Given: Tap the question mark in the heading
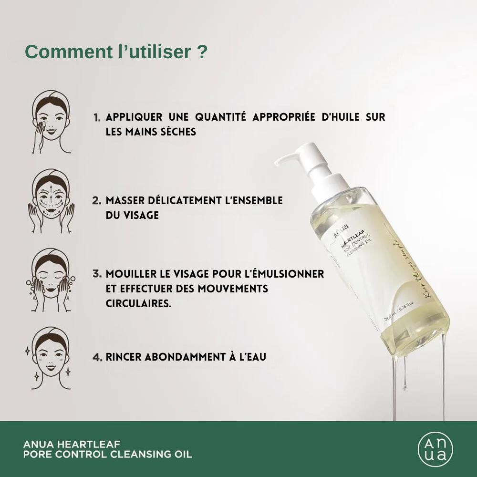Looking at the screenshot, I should [202, 52].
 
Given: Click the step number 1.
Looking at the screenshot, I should [97, 117].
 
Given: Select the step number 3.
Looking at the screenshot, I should [97, 274].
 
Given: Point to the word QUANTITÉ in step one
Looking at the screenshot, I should [219, 117].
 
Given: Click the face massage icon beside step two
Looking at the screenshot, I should [50, 201].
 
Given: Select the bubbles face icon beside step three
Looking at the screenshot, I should [50, 280].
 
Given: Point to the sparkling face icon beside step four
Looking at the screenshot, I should [50, 358].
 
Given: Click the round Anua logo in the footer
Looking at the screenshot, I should [435, 449].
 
